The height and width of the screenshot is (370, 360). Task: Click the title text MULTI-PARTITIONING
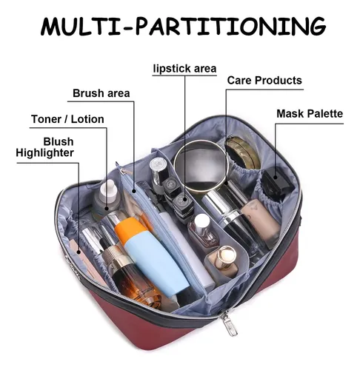click(x=183, y=26)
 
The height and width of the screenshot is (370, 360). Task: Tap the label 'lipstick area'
click(x=184, y=68)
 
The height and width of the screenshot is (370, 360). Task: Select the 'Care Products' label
click(x=264, y=81)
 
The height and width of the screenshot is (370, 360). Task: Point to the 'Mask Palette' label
click(x=310, y=114)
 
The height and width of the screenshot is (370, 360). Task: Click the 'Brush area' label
click(x=101, y=93)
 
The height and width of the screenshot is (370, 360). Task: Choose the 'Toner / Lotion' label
click(x=67, y=119)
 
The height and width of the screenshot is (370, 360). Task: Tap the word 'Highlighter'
click(x=44, y=152)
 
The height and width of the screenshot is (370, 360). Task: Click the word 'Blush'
click(x=59, y=142)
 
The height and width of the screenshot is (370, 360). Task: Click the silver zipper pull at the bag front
click(x=229, y=324)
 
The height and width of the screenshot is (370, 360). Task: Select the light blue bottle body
click(x=157, y=264)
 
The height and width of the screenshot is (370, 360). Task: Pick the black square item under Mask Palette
click(x=277, y=181)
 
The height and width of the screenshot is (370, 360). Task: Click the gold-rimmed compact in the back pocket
click(x=242, y=151)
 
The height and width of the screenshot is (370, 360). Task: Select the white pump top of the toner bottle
click(x=109, y=190)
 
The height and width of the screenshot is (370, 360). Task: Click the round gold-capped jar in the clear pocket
click(x=224, y=258)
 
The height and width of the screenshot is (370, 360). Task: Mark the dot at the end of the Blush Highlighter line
click(x=79, y=252)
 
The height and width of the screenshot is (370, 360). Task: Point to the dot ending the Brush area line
click(x=134, y=191)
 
